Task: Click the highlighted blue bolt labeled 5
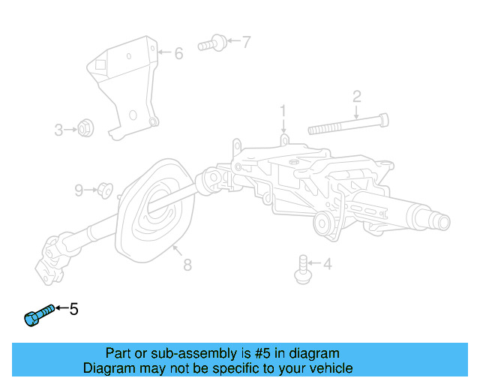pos(38,316)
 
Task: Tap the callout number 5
pos(73,308)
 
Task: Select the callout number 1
pos(283,111)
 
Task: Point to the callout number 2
pos(357,96)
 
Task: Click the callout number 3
pos(59,130)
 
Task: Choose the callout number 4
pos(327,263)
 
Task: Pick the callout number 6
pos(178,53)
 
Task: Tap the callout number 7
pos(247,42)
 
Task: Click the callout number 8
pos(187,265)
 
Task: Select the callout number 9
pos(79,190)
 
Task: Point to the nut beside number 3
pos(85,130)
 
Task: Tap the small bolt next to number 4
pos(302,268)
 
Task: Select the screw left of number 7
pos(214,43)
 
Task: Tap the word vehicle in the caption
pos(328,368)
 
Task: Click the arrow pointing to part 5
pos(61,308)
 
